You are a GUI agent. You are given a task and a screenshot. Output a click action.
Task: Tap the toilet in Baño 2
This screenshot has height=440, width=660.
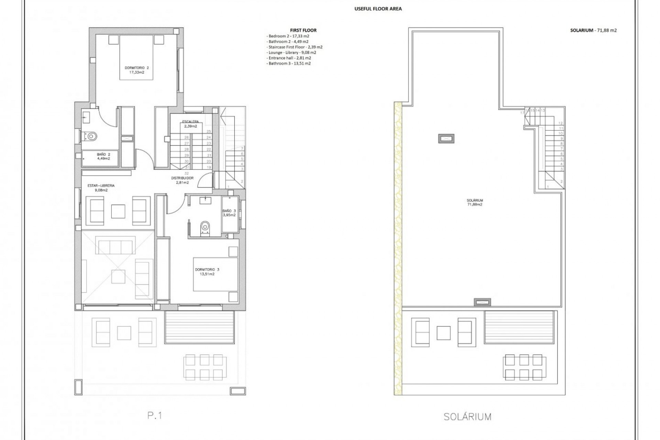[91, 136]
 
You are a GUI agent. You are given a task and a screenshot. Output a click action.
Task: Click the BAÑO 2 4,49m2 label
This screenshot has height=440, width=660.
[103, 157]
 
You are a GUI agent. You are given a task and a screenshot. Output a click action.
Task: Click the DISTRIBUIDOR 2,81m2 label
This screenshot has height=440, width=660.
[182, 180]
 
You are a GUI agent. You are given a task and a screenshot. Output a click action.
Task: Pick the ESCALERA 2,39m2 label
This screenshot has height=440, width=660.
[190, 124]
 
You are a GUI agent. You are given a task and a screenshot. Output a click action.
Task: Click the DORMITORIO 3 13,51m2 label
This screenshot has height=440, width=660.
[207, 272]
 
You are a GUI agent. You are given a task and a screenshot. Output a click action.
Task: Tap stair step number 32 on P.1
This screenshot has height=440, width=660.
[187, 173]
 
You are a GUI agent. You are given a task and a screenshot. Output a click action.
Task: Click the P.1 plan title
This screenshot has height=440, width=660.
[154, 416]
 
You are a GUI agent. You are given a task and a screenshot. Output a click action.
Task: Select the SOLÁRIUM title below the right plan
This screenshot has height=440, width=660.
[467, 417]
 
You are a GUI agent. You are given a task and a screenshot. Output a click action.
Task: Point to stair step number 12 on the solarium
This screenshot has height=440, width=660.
[561, 123]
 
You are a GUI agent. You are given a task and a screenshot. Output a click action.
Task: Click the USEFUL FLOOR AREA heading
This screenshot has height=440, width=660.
[378, 9]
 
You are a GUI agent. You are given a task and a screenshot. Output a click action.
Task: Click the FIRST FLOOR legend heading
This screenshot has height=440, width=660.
[303, 30]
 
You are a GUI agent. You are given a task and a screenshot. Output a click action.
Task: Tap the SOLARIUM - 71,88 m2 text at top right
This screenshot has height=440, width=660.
[593, 30]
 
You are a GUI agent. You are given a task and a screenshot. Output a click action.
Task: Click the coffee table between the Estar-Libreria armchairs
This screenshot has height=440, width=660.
[118, 211]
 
